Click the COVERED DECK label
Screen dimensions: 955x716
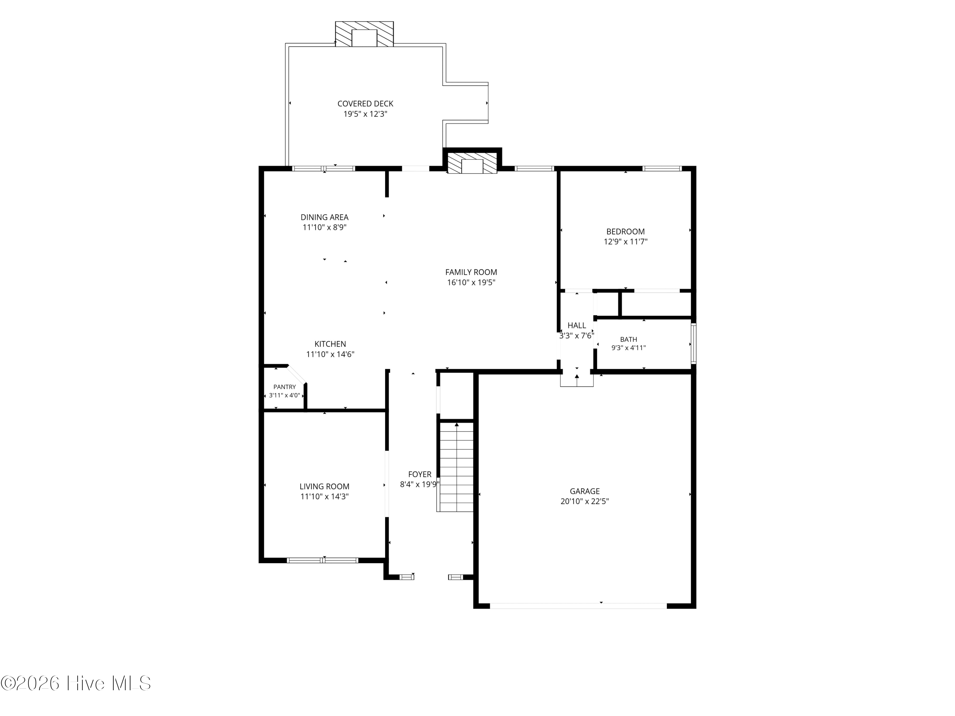click(365, 103)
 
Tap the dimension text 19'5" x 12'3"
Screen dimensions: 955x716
click(365, 114)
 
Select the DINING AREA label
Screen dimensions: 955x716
click(325, 217)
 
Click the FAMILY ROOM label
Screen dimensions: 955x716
click(471, 272)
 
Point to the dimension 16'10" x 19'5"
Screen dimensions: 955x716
click(471, 282)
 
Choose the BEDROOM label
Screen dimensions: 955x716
click(626, 231)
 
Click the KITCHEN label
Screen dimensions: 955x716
click(330, 344)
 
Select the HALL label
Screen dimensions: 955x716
click(577, 326)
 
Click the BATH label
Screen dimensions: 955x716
click(629, 340)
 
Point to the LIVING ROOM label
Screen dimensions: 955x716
click(325, 486)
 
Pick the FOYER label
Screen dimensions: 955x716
click(420, 474)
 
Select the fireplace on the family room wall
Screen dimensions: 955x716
click(472, 163)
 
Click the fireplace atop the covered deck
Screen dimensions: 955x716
click(365, 34)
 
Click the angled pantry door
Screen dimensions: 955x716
click(297, 374)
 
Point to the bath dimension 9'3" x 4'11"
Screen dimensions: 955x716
click(629, 348)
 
